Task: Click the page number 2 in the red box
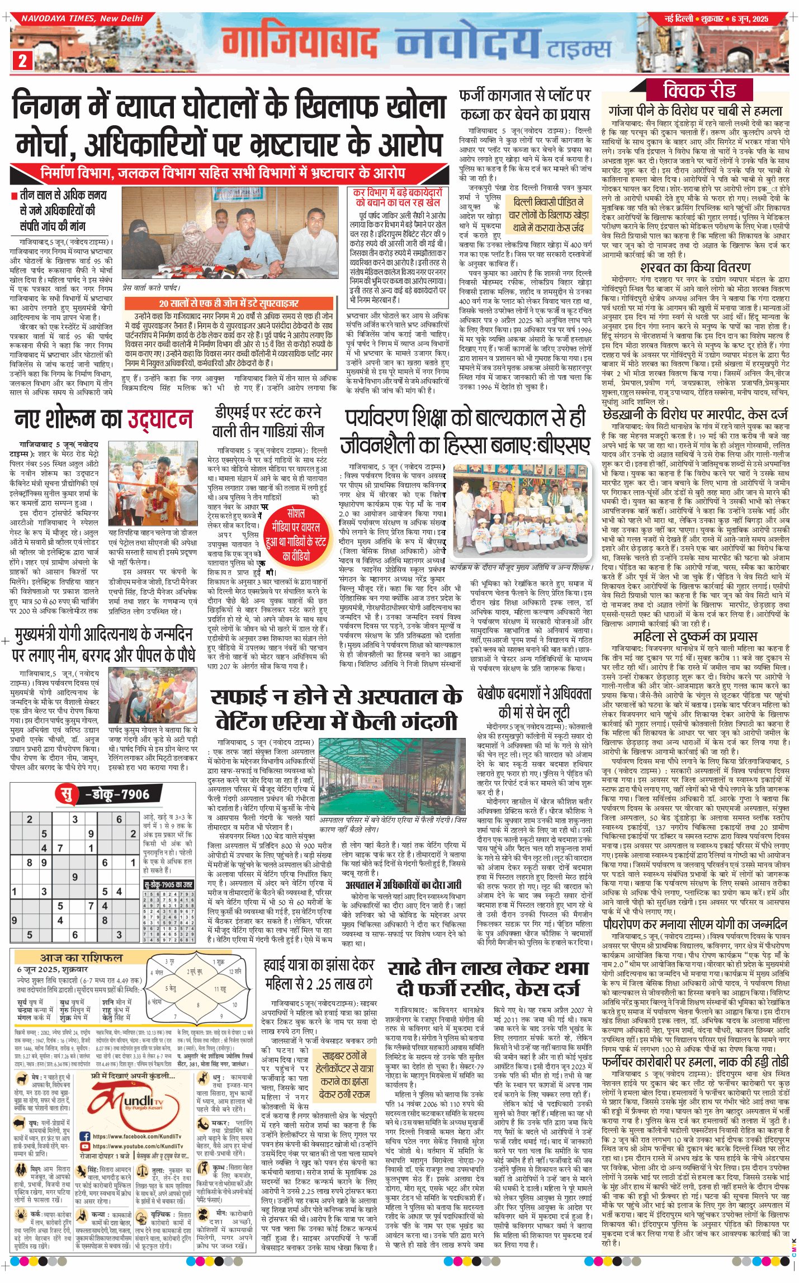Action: pyautogui.click(x=22, y=60)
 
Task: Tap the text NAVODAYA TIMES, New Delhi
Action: pyautogui.click(x=82, y=18)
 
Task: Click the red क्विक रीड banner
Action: pyautogui.click(x=699, y=90)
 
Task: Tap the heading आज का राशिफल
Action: pyautogui.click(x=81, y=958)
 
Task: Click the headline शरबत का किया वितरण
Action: pyautogui.click(x=695, y=267)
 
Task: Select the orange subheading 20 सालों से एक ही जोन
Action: pyautogui.click(x=228, y=303)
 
